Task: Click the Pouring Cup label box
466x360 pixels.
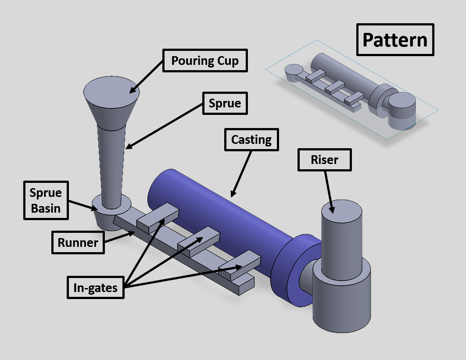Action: tap(205, 61)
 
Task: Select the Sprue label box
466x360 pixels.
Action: tap(225, 103)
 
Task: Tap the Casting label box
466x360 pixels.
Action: tap(251, 140)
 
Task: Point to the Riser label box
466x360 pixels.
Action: tap(324, 160)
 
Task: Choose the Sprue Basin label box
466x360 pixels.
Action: tap(46, 200)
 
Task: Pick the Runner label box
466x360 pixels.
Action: tap(78, 242)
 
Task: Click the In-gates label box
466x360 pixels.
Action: tap(96, 287)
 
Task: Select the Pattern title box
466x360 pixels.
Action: tap(395, 40)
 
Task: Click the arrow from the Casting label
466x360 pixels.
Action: tap(242, 173)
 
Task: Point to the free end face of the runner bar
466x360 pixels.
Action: tap(247, 285)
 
